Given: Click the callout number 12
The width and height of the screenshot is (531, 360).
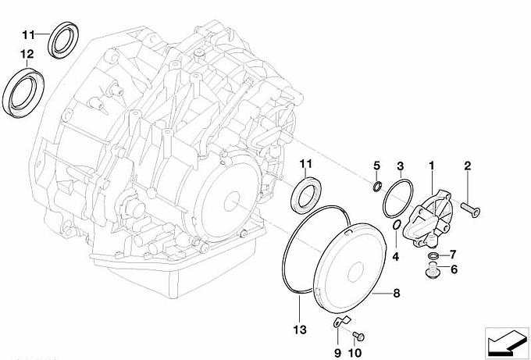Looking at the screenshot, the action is tap(27, 54).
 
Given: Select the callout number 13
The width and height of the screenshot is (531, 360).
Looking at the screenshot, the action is tap(300, 330).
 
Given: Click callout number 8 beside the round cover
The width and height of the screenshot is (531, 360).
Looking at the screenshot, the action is tap(397, 293).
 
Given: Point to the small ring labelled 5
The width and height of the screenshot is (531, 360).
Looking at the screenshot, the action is tap(378, 187).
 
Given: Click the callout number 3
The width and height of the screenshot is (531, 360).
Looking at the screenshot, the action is tap(401, 166).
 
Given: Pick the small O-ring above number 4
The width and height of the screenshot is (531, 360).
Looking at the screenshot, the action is tap(397, 225).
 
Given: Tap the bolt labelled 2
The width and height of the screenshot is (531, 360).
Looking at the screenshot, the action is tap(471, 209).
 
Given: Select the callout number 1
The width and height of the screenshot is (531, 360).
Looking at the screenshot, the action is tap(431, 166).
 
